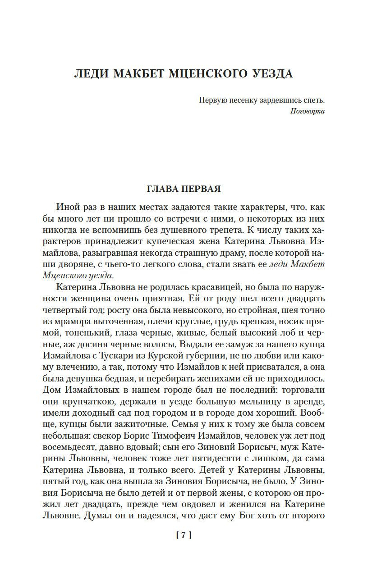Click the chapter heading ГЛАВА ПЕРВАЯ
tap(184, 189)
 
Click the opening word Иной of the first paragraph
tap(67, 207)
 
